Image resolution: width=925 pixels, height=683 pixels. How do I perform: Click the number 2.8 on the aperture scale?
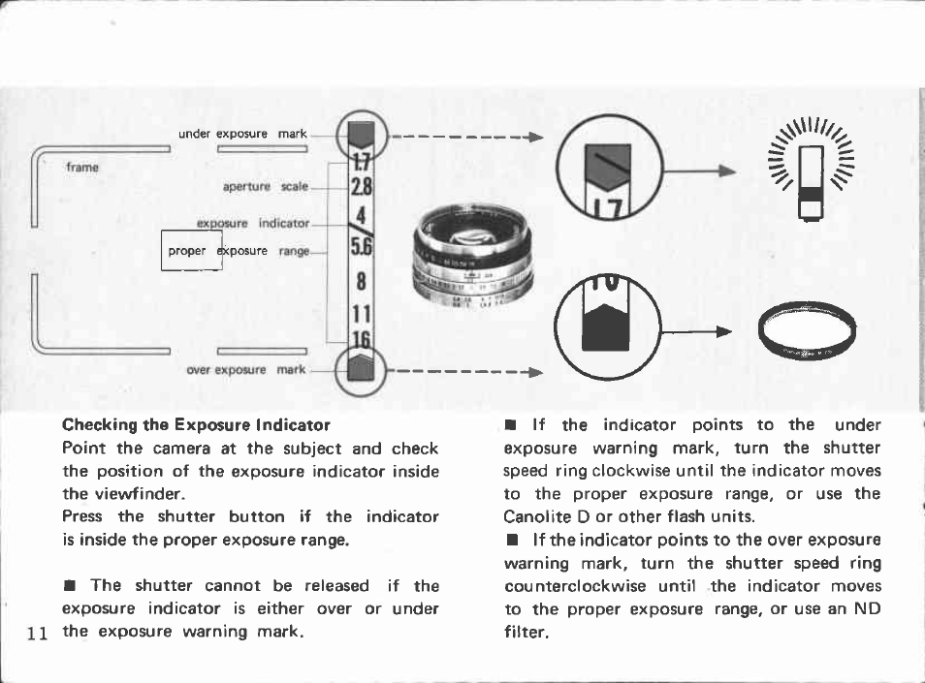[361, 186]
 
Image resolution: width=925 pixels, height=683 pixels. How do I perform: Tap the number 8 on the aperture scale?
[361, 282]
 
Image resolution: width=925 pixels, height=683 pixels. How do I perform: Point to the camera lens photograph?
[473, 259]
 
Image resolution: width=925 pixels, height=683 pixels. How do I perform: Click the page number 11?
[38, 634]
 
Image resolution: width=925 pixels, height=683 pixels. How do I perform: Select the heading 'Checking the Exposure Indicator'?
[196, 424]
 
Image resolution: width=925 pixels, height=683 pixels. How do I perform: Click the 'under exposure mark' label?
[242, 134]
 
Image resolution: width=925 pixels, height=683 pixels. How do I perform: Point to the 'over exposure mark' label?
[245, 369]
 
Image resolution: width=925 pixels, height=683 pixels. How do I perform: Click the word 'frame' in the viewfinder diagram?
[82, 167]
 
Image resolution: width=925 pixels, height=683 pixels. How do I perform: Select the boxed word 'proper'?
[187, 251]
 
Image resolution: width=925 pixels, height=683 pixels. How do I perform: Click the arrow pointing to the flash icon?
[696, 171]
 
